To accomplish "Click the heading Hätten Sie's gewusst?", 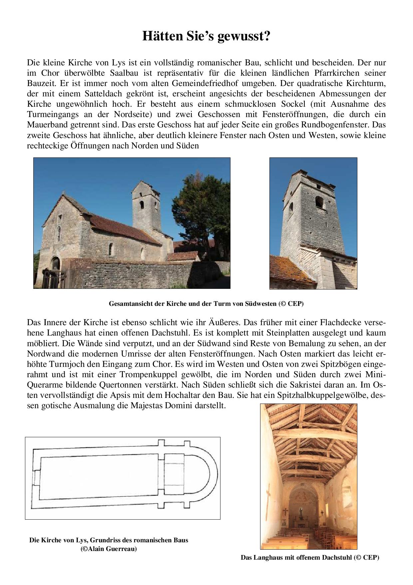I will pyautogui.click(x=206, y=36).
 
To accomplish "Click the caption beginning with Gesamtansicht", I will pyautogui.click(x=206, y=304).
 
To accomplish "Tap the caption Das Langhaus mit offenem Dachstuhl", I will pyautogui.click(x=310, y=557).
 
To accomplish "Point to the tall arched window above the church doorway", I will pyautogui.click(x=58, y=233).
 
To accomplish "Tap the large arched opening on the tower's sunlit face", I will pyautogui.click(x=319, y=202).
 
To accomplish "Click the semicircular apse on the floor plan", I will pyautogui.click(x=203, y=475).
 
